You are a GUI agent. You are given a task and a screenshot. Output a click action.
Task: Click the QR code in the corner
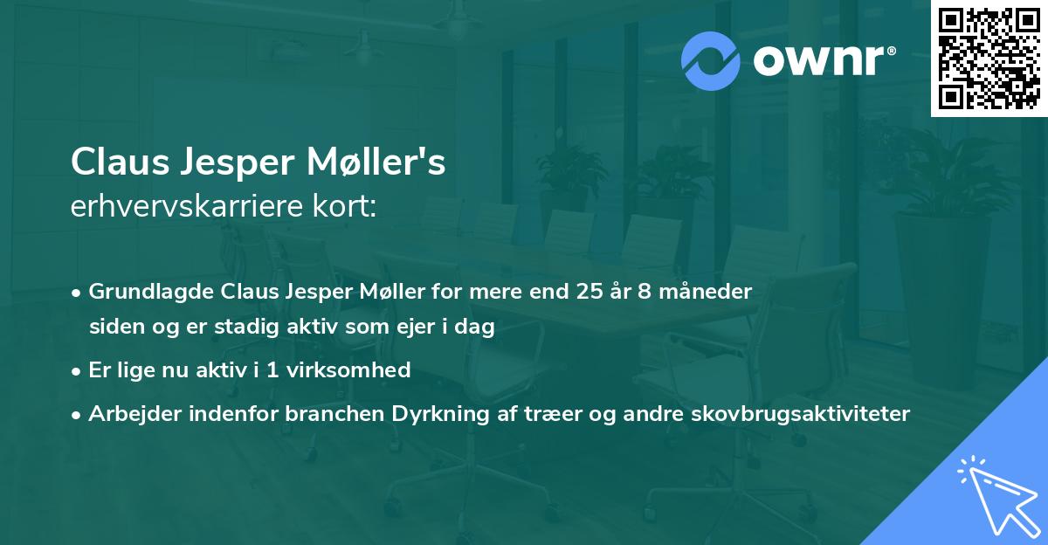pyautogui.click(x=989, y=59)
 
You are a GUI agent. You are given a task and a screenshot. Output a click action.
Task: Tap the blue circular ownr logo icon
pyautogui.click(x=711, y=61)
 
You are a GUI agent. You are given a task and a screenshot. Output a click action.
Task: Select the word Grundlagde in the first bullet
pyautogui.click(x=151, y=292)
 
